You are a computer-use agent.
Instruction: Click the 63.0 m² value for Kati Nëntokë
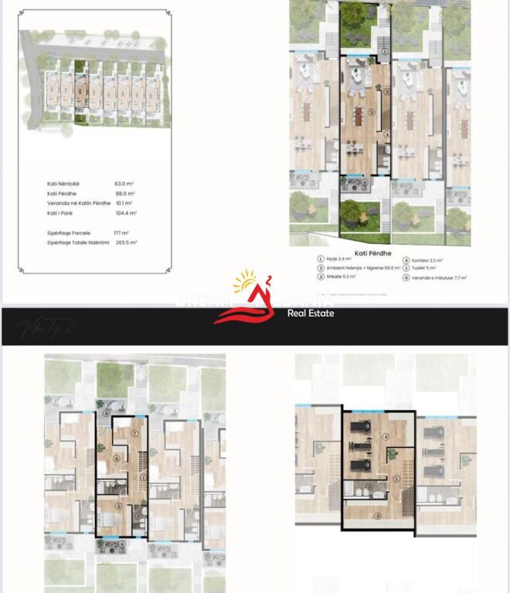pyautogui.click(x=124, y=184)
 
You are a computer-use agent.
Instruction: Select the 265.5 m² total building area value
pyautogui.click(x=126, y=242)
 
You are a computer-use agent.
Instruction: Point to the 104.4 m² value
pyautogui.click(x=126, y=213)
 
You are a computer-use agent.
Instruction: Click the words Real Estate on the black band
pyautogui.click(x=311, y=313)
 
